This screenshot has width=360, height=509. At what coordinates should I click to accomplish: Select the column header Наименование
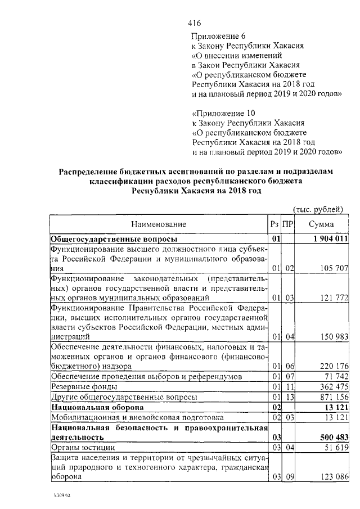click(160, 224)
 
